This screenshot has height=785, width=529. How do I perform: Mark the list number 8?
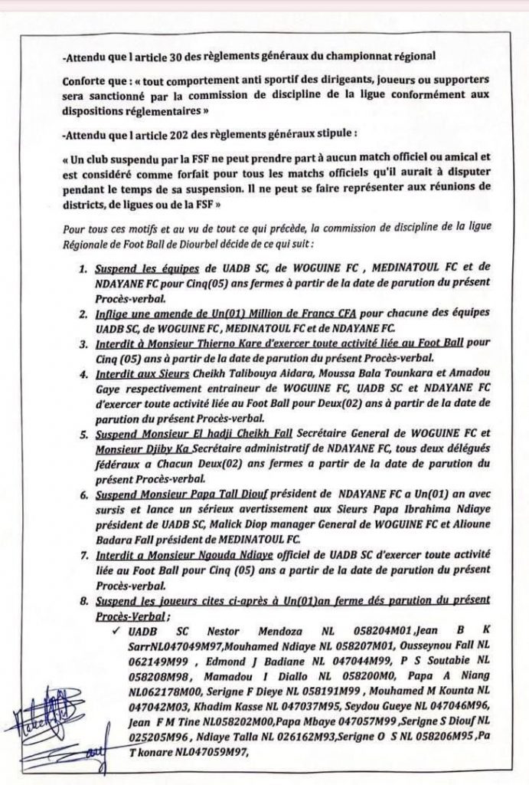pyautogui.click(x=83, y=599)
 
